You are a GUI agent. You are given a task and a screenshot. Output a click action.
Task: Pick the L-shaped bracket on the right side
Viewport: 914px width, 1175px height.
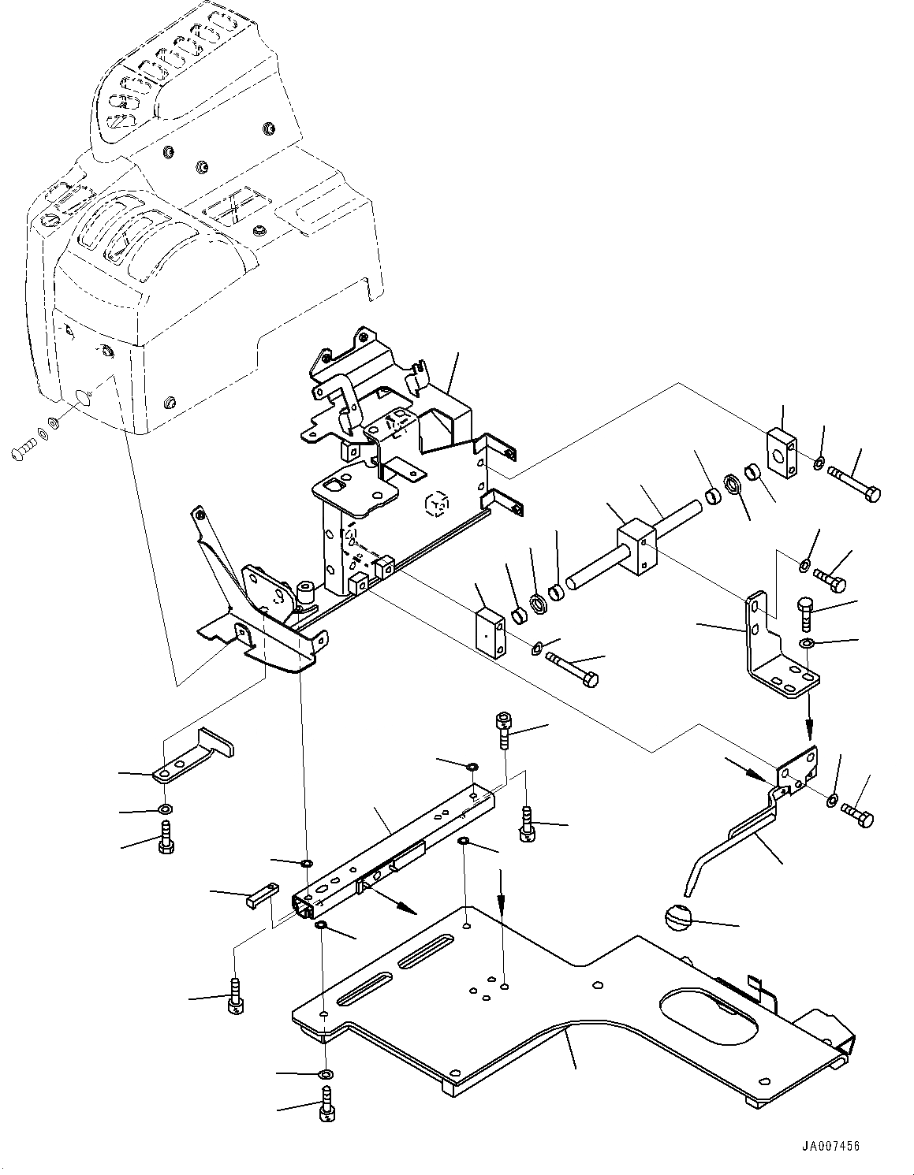773,646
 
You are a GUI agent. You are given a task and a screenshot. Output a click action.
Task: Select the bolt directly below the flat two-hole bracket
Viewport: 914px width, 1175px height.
166,838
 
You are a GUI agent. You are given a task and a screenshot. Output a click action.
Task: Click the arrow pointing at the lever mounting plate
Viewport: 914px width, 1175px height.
748,770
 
